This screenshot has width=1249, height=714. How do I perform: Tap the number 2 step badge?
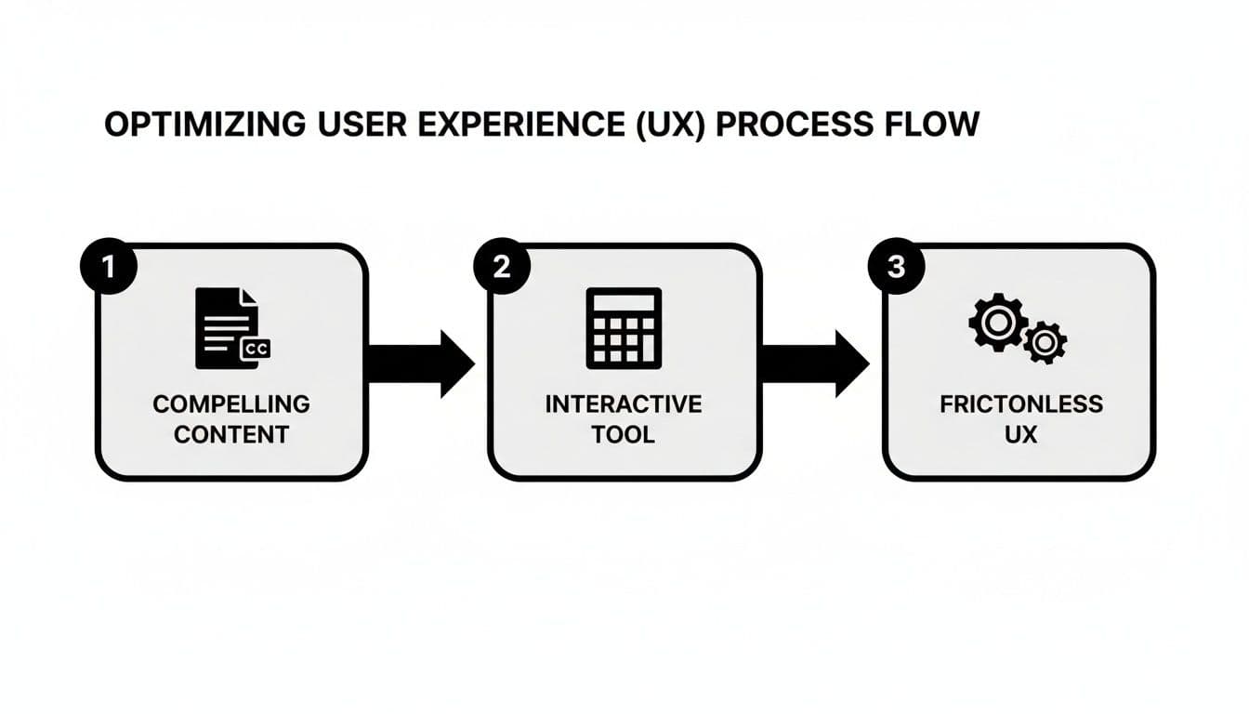(x=502, y=267)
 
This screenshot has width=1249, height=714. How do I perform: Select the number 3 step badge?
(x=895, y=267)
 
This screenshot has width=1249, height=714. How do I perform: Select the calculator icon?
(x=624, y=327)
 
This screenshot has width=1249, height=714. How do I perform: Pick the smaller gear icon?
(x=1045, y=343)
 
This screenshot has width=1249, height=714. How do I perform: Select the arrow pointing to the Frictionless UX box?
(x=814, y=364)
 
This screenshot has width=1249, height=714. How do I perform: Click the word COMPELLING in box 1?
(x=231, y=404)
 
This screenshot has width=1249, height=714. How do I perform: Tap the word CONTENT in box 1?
(x=231, y=434)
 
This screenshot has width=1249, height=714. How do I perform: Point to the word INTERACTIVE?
(x=624, y=404)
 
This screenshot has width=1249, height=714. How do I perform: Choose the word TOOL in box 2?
(x=624, y=434)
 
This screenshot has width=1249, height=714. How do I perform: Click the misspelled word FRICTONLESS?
(x=1020, y=404)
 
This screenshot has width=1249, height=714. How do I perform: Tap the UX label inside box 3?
(x=1020, y=434)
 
